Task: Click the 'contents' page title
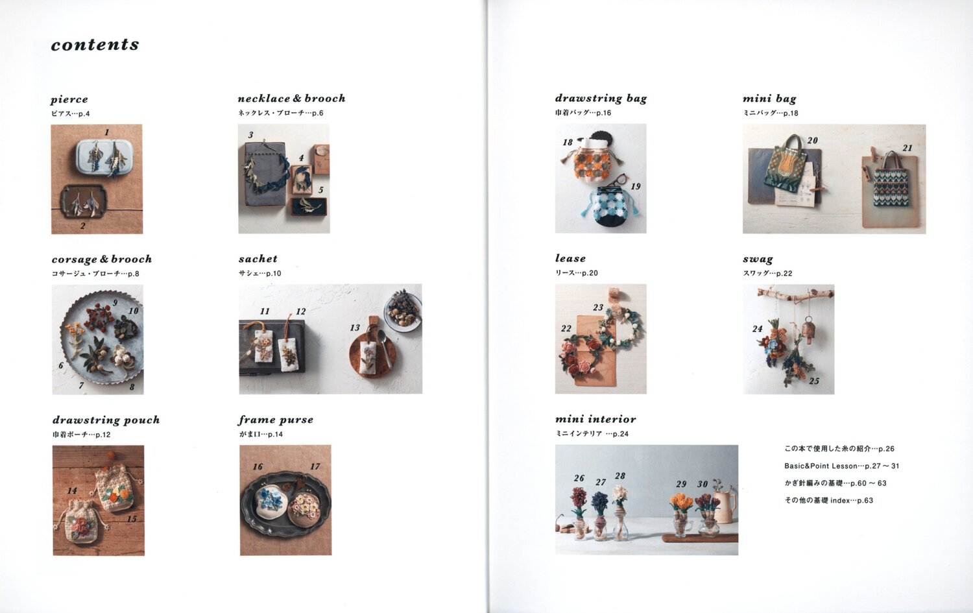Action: (x=95, y=44)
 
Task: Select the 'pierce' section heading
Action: (x=69, y=99)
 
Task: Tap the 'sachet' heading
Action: (x=258, y=258)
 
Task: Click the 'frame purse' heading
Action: (x=276, y=420)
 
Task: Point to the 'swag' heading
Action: (x=758, y=259)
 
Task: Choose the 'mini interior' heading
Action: (x=595, y=419)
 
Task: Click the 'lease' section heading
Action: (x=570, y=258)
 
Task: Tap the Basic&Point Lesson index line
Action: (x=841, y=466)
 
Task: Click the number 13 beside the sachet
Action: (x=355, y=328)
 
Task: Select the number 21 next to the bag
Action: (x=907, y=148)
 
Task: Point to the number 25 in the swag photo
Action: (x=814, y=381)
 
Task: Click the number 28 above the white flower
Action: (x=620, y=476)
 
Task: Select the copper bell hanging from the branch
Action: (x=808, y=330)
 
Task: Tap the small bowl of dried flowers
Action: (x=402, y=311)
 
